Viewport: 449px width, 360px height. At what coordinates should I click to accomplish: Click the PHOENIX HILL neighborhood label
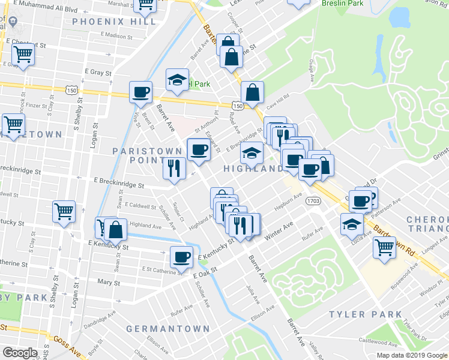click(114, 22)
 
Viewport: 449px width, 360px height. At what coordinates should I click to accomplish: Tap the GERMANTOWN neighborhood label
click(169, 329)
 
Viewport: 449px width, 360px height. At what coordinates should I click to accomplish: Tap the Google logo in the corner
click(20, 352)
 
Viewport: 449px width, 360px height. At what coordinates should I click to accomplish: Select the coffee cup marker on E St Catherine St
click(182, 257)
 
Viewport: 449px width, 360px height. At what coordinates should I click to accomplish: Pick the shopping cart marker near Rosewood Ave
click(384, 247)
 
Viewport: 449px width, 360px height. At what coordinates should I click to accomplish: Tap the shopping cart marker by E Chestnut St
click(23, 55)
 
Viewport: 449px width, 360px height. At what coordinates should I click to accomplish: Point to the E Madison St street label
click(116, 35)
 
